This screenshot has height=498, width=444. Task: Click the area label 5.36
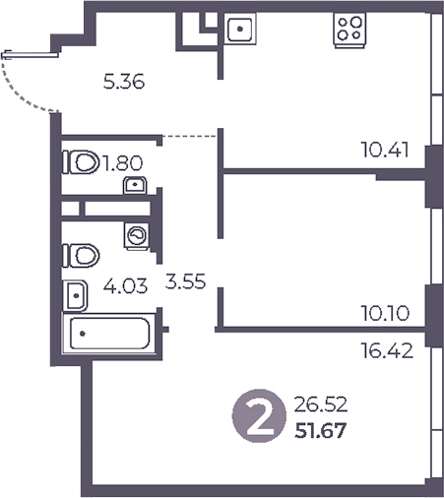[124, 83]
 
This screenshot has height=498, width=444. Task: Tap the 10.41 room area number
[385, 152]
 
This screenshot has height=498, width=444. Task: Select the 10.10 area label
[385, 317]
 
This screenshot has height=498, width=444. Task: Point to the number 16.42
[385, 346]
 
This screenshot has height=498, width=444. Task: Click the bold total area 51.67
[318, 429]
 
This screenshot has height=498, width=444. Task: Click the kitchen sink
[239, 30]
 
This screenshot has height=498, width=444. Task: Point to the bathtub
[108, 334]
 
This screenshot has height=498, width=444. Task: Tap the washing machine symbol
[137, 234]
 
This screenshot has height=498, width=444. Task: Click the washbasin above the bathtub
[77, 292]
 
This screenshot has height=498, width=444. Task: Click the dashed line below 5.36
[188, 136]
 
